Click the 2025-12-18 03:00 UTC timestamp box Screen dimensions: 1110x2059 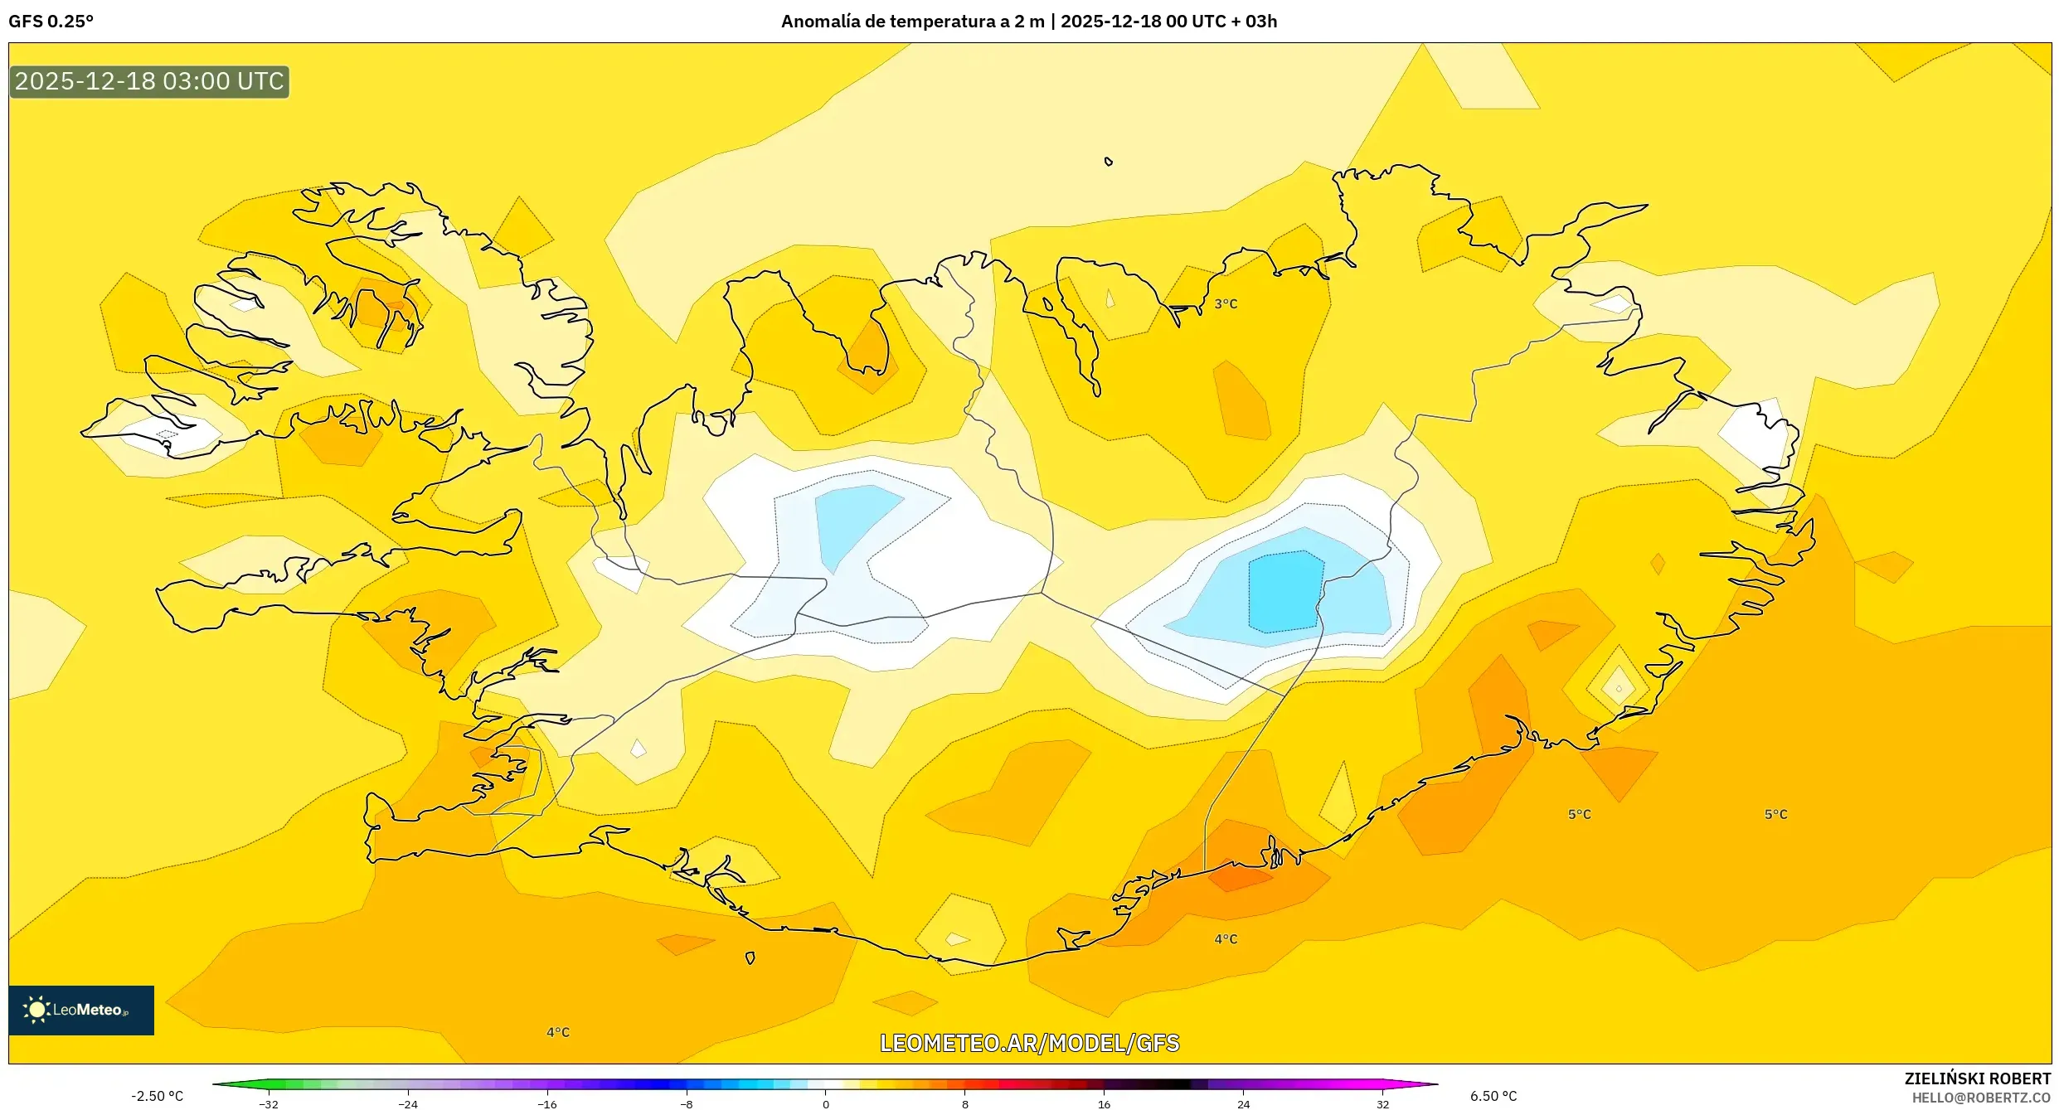click(x=149, y=81)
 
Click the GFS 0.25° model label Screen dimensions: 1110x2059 click(x=51, y=22)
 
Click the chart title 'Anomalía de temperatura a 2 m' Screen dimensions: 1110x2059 click(x=912, y=22)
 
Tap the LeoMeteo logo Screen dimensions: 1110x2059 click(x=80, y=1010)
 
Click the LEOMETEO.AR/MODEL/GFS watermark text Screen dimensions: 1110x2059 click(x=1029, y=1043)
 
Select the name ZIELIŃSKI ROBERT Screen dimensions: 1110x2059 click(x=1977, y=1078)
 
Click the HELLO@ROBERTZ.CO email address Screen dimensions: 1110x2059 click(x=1981, y=1098)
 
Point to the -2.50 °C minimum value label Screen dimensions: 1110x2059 click(x=157, y=1096)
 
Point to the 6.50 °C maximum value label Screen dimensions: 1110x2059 click(x=1493, y=1096)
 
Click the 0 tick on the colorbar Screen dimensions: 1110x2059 click(x=825, y=1104)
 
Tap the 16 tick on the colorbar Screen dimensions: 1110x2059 click(x=1104, y=1104)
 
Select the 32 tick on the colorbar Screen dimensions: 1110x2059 click(x=1382, y=1104)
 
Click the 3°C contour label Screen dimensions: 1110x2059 click(x=1226, y=304)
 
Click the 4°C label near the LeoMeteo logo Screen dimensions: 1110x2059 click(x=558, y=1032)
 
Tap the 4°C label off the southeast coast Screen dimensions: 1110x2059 click(x=1226, y=939)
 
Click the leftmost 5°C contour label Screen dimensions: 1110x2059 click(x=1579, y=814)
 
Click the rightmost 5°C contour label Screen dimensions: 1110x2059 click(x=1775, y=814)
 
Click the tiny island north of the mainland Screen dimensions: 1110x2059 click(x=1109, y=162)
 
